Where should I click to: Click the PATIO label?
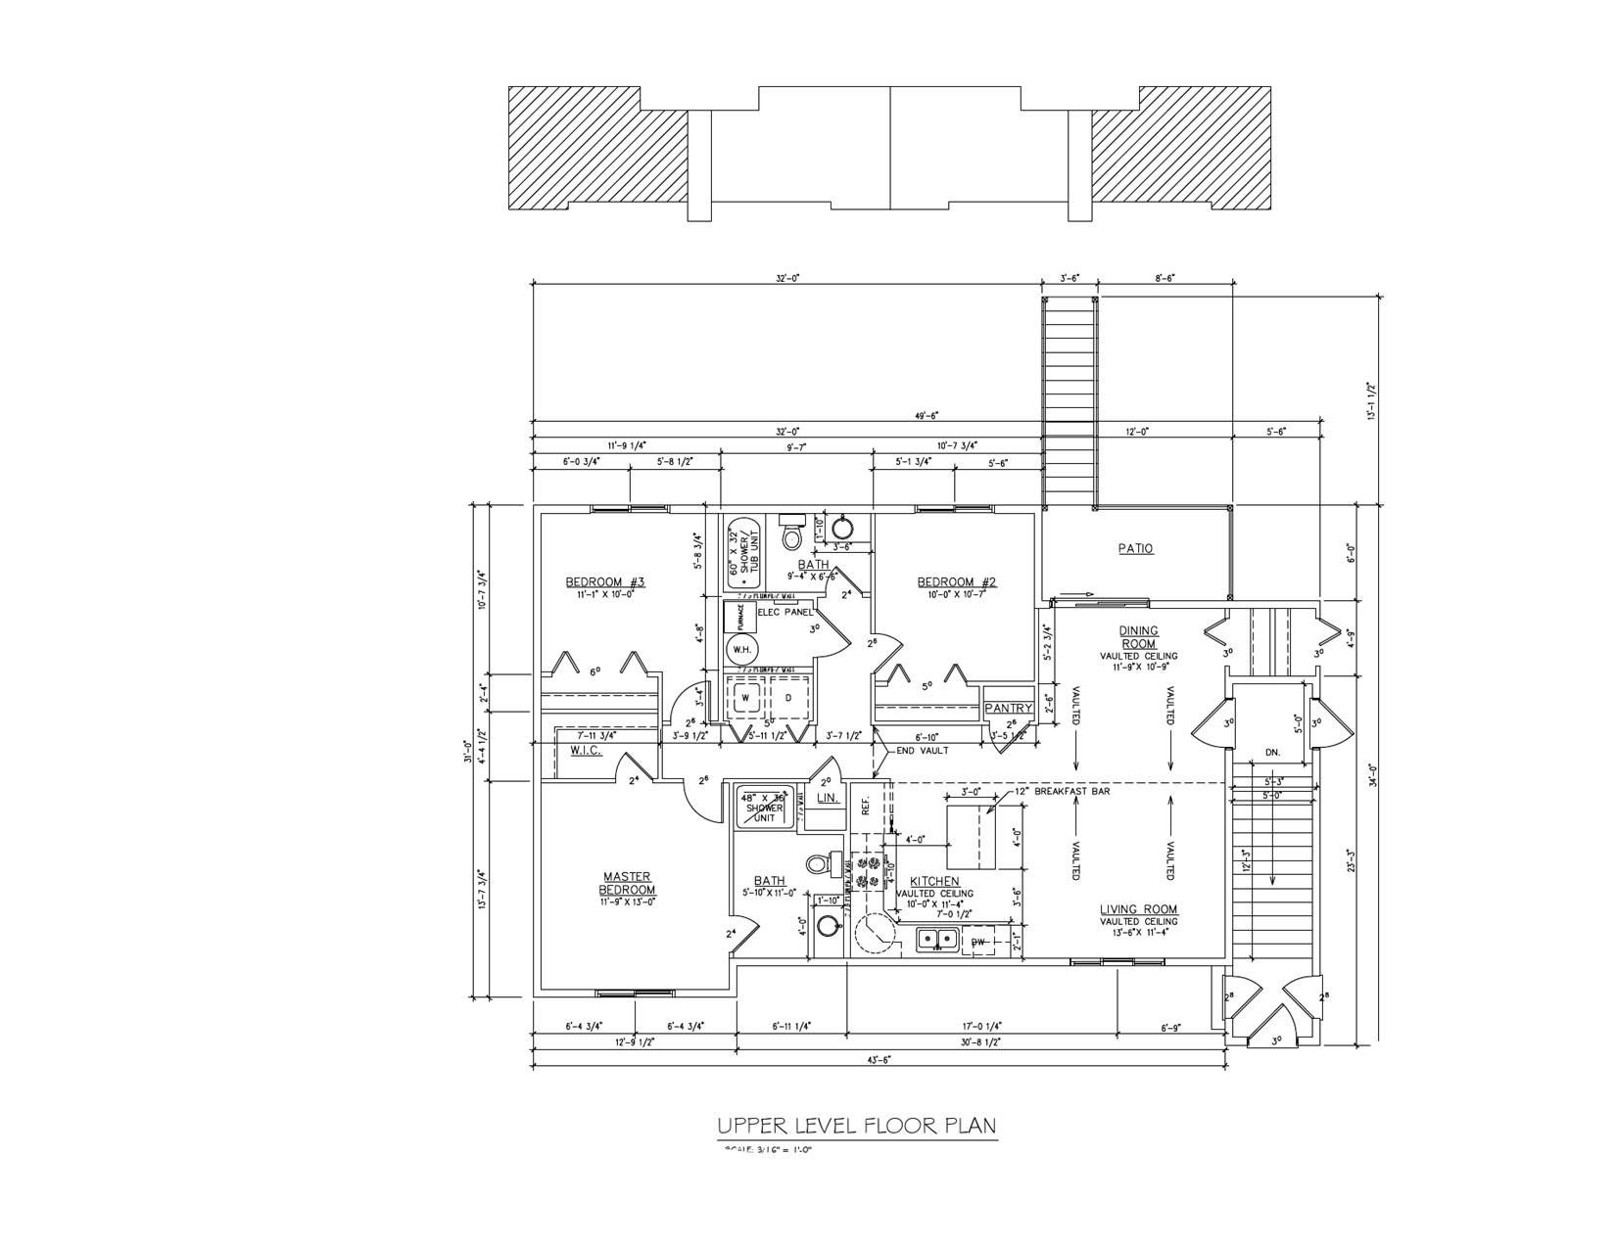point(1135,549)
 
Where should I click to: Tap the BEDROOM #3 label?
point(604,582)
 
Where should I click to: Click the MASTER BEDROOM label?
point(627,883)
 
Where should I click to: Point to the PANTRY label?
point(1009,708)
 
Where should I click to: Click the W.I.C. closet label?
point(585,751)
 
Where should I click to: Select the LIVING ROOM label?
point(1138,908)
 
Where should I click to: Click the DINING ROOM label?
point(1139,637)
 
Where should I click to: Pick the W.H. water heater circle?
point(739,650)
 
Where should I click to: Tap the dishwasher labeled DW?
point(977,942)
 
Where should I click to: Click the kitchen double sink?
point(937,941)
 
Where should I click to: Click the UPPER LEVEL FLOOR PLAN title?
point(857,1126)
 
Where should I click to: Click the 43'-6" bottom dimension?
point(878,1059)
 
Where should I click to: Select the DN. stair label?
point(1272,753)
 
